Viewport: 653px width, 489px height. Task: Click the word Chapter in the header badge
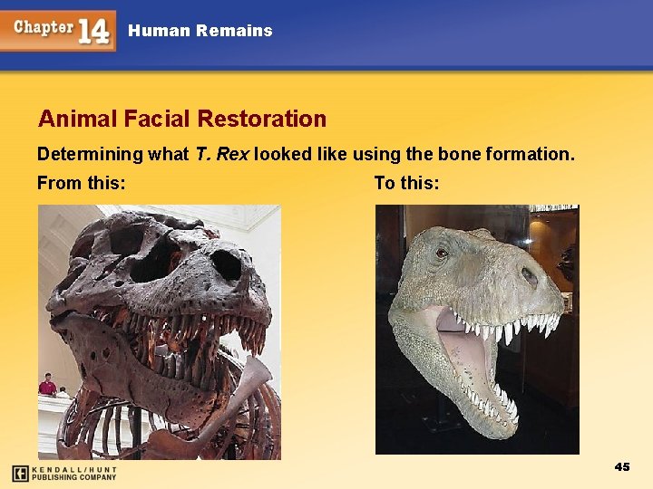point(44,27)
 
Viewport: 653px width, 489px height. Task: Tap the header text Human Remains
point(200,31)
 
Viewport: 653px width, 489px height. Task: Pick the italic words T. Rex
point(222,154)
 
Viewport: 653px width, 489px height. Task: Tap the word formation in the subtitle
point(530,154)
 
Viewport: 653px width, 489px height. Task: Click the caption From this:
point(81,184)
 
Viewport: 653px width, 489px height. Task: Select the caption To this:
point(406,184)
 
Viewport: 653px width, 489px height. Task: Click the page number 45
point(621,466)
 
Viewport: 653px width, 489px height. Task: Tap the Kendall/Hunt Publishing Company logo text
point(74,473)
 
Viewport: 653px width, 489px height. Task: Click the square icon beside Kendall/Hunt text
point(20,473)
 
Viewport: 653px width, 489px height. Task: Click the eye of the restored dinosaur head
point(442,253)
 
